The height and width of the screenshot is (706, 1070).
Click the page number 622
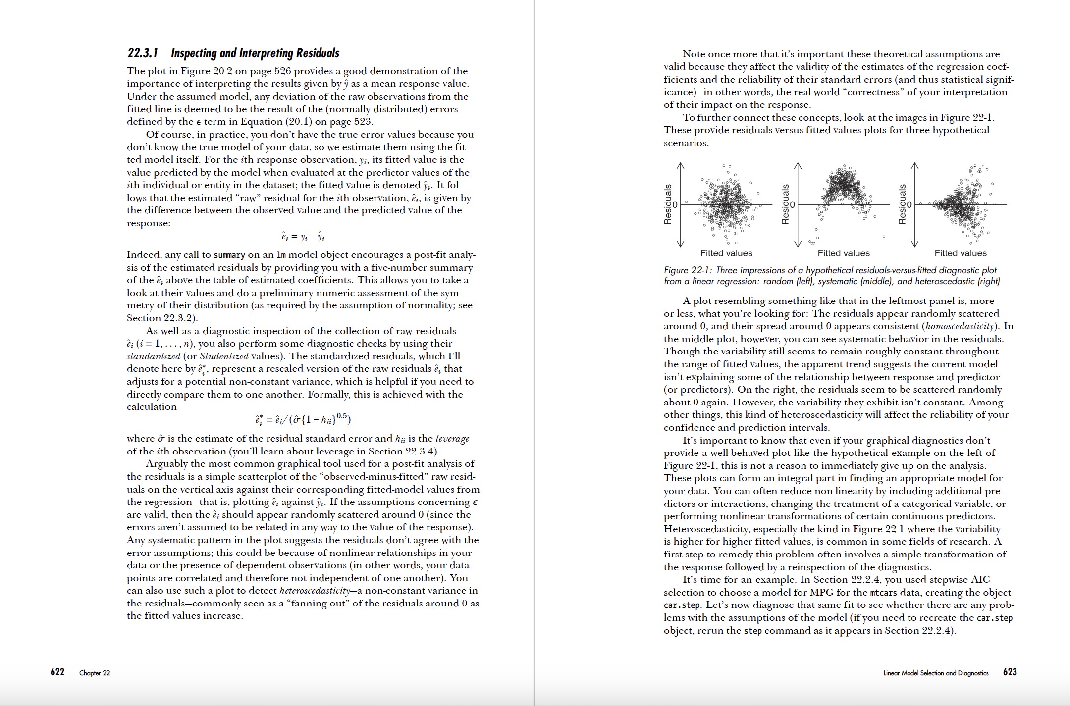57,672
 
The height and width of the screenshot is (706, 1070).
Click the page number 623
1010,672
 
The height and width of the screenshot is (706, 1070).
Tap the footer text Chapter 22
95,673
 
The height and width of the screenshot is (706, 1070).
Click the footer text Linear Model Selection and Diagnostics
936,673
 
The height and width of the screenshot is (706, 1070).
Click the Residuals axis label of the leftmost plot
668,204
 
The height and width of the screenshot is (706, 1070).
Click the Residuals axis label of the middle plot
785,204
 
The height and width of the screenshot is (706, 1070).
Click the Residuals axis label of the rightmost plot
902,204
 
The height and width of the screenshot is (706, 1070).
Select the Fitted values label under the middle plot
844,253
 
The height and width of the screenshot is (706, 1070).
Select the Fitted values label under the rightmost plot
961,253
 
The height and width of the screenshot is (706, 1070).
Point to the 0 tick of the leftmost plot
675,204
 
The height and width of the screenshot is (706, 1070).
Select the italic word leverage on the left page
452,439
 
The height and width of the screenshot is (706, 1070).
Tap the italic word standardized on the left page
153,356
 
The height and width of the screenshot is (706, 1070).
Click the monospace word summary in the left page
229,255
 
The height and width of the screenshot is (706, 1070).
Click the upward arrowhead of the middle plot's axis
798,166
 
